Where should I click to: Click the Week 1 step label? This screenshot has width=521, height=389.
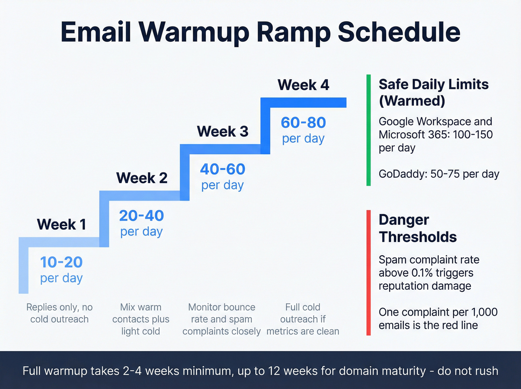pos(61,224)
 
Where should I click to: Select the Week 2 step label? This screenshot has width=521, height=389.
pos(142,178)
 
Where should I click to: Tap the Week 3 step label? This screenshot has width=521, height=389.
pos(223,131)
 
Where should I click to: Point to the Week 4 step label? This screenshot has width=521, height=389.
pos(303,85)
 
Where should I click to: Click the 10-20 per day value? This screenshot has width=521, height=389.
pos(61,269)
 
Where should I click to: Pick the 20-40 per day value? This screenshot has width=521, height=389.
pos(141,223)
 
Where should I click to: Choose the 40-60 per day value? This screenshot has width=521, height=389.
pos(223,176)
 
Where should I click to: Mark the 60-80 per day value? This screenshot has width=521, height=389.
pos(303,130)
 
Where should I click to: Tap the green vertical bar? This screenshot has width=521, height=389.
pos(368,130)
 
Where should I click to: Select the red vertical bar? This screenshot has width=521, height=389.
pos(368,272)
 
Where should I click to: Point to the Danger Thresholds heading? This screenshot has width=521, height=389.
pos(418,228)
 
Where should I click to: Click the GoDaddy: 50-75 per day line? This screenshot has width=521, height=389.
pos(439,174)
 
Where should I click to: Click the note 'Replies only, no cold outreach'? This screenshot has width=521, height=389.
pos(60,313)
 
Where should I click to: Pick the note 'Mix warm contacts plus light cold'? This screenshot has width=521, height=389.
pos(141,319)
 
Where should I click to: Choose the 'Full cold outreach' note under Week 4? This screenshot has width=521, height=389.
pos(303,319)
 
